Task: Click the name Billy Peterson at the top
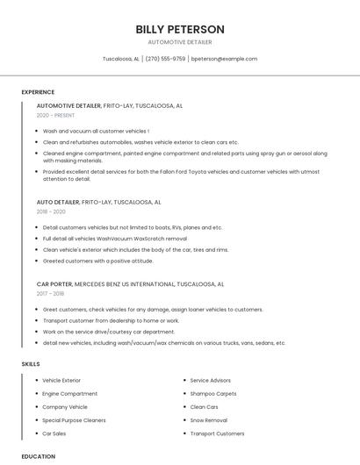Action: click(180, 30)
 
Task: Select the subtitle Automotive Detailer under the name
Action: click(180, 42)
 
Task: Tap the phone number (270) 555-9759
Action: click(165, 59)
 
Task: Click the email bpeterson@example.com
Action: click(224, 59)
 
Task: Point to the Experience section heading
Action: click(38, 92)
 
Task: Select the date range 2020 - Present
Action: click(56, 116)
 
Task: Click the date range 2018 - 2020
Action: click(51, 211)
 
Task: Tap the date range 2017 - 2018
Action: click(51, 294)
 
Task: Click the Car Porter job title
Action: click(54, 284)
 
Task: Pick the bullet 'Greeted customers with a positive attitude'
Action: click(98, 261)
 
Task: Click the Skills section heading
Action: click(31, 363)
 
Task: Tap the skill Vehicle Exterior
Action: click(61, 381)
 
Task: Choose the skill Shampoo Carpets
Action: click(213, 394)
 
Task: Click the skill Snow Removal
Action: click(209, 420)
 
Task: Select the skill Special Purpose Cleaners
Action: click(74, 420)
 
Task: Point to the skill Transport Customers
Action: click(217, 433)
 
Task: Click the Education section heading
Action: click(39, 456)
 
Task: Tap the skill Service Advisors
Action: click(211, 381)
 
